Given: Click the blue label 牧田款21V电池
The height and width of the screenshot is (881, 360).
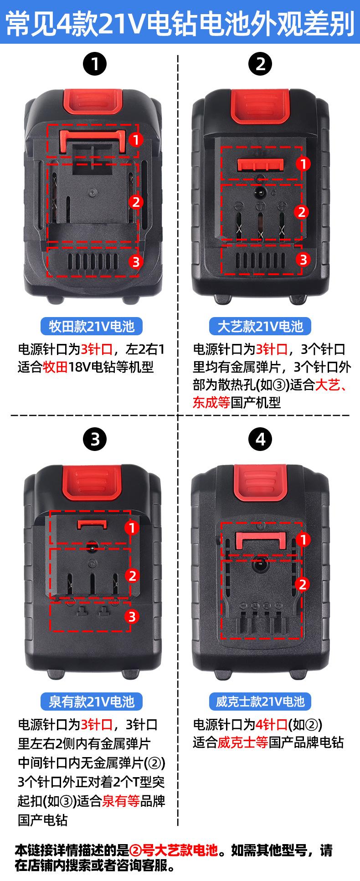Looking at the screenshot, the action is pos(92,326).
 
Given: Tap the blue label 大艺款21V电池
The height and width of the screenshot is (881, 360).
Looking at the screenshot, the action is pos(260,326).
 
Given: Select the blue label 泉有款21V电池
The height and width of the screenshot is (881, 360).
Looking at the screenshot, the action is pos(92,701).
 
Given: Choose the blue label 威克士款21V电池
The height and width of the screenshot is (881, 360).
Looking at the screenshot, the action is pos(260,701).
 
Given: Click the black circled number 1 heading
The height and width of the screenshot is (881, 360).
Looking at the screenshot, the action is pos(95,64).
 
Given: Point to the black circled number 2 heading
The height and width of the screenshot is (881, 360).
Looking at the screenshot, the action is pos(260,64).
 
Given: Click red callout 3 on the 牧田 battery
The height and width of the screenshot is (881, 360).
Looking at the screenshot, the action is pos(136,262).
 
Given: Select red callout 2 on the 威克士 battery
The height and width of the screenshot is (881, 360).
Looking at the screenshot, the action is pos(303,584).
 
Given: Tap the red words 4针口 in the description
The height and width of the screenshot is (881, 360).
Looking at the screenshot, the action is pos(272,724).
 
